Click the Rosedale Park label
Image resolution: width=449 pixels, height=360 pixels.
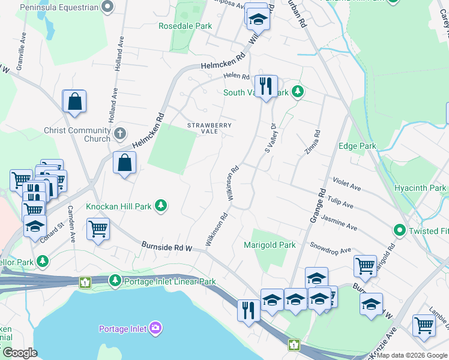185,26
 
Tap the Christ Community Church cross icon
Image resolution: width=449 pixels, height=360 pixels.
120,133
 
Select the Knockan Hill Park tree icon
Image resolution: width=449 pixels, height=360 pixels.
160,206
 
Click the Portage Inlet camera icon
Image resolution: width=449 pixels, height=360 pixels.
155,328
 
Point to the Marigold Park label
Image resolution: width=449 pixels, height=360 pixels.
270,245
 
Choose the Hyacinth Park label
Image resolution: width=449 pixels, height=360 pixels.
420,188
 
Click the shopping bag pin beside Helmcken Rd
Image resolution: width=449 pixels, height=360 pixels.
124,163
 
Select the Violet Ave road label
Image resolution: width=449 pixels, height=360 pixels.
347,184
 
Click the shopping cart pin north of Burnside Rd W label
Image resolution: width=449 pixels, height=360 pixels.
98,229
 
